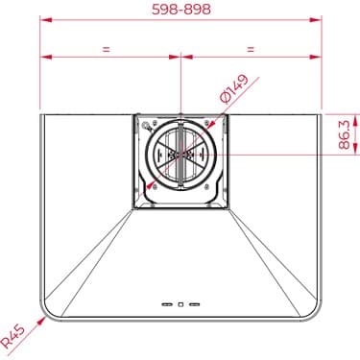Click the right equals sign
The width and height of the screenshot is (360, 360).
point(251,47)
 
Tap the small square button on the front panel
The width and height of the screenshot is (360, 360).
point(180,305)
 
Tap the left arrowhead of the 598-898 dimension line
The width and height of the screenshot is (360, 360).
point(42,26)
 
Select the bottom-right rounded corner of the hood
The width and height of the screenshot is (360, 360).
point(308,312)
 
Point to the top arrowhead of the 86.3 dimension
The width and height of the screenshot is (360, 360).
point(330,115)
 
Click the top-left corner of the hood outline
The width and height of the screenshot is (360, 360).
point(40,114)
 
